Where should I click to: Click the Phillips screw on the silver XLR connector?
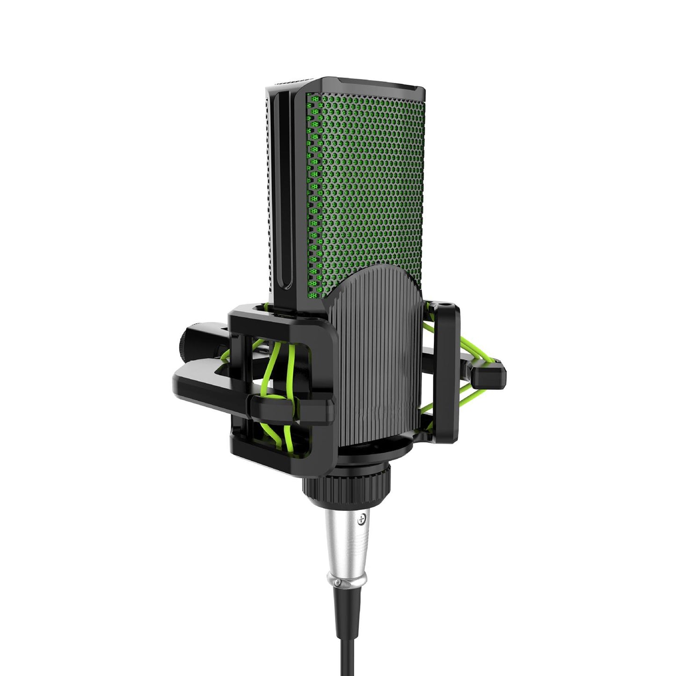click(360, 519)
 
